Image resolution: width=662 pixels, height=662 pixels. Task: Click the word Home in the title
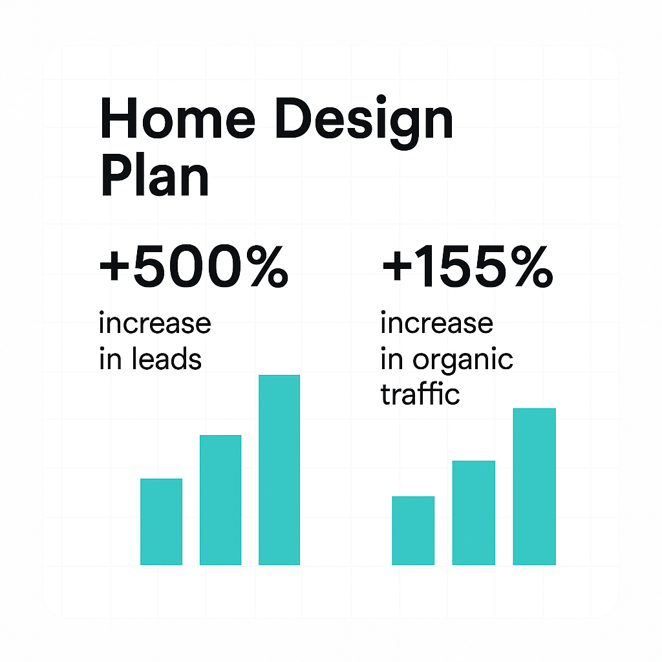178,118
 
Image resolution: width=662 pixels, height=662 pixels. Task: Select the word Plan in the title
155,175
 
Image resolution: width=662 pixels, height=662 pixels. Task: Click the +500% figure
194,266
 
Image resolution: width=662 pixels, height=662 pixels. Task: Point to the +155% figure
467,266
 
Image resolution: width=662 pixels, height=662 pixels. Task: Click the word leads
167,359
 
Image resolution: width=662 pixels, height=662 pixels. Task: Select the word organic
463,361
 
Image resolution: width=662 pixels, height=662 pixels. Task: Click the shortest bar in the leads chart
161,522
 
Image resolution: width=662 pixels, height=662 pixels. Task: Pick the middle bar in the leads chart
220,500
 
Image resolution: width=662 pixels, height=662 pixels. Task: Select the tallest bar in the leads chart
279,469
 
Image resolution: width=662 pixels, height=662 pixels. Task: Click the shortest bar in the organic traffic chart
413,530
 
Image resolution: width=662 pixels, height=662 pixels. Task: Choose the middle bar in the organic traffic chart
474,513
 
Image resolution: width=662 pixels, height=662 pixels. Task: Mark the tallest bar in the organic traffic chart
535,486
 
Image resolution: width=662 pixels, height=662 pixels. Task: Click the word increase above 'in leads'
155,323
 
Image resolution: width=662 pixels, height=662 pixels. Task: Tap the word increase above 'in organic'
436,323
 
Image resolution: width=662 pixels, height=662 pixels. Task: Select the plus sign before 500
114,266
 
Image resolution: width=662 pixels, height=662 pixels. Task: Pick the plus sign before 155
397,266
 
